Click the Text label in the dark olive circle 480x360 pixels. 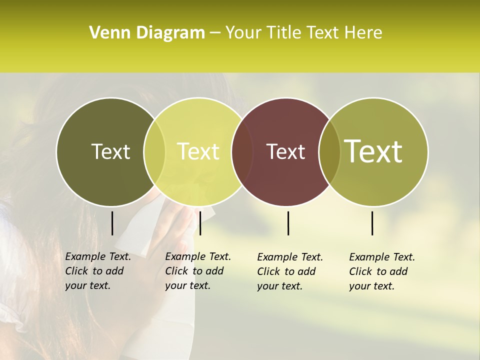(x=110, y=151)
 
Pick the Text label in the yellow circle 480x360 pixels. (x=198, y=151)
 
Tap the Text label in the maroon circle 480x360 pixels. (x=285, y=151)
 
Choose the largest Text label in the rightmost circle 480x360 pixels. (x=373, y=151)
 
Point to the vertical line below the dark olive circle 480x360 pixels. (x=112, y=223)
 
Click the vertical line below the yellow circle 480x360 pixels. (x=200, y=223)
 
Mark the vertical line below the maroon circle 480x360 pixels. (x=288, y=223)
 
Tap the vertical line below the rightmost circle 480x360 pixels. (x=372, y=223)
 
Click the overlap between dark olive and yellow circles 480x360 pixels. (x=154, y=151)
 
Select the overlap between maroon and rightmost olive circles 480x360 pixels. (x=329, y=151)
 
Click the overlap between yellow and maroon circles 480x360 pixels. (x=242, y=151)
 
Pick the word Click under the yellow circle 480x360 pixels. (x=176, y=271)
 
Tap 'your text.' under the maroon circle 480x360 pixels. (x=280, y=286)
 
